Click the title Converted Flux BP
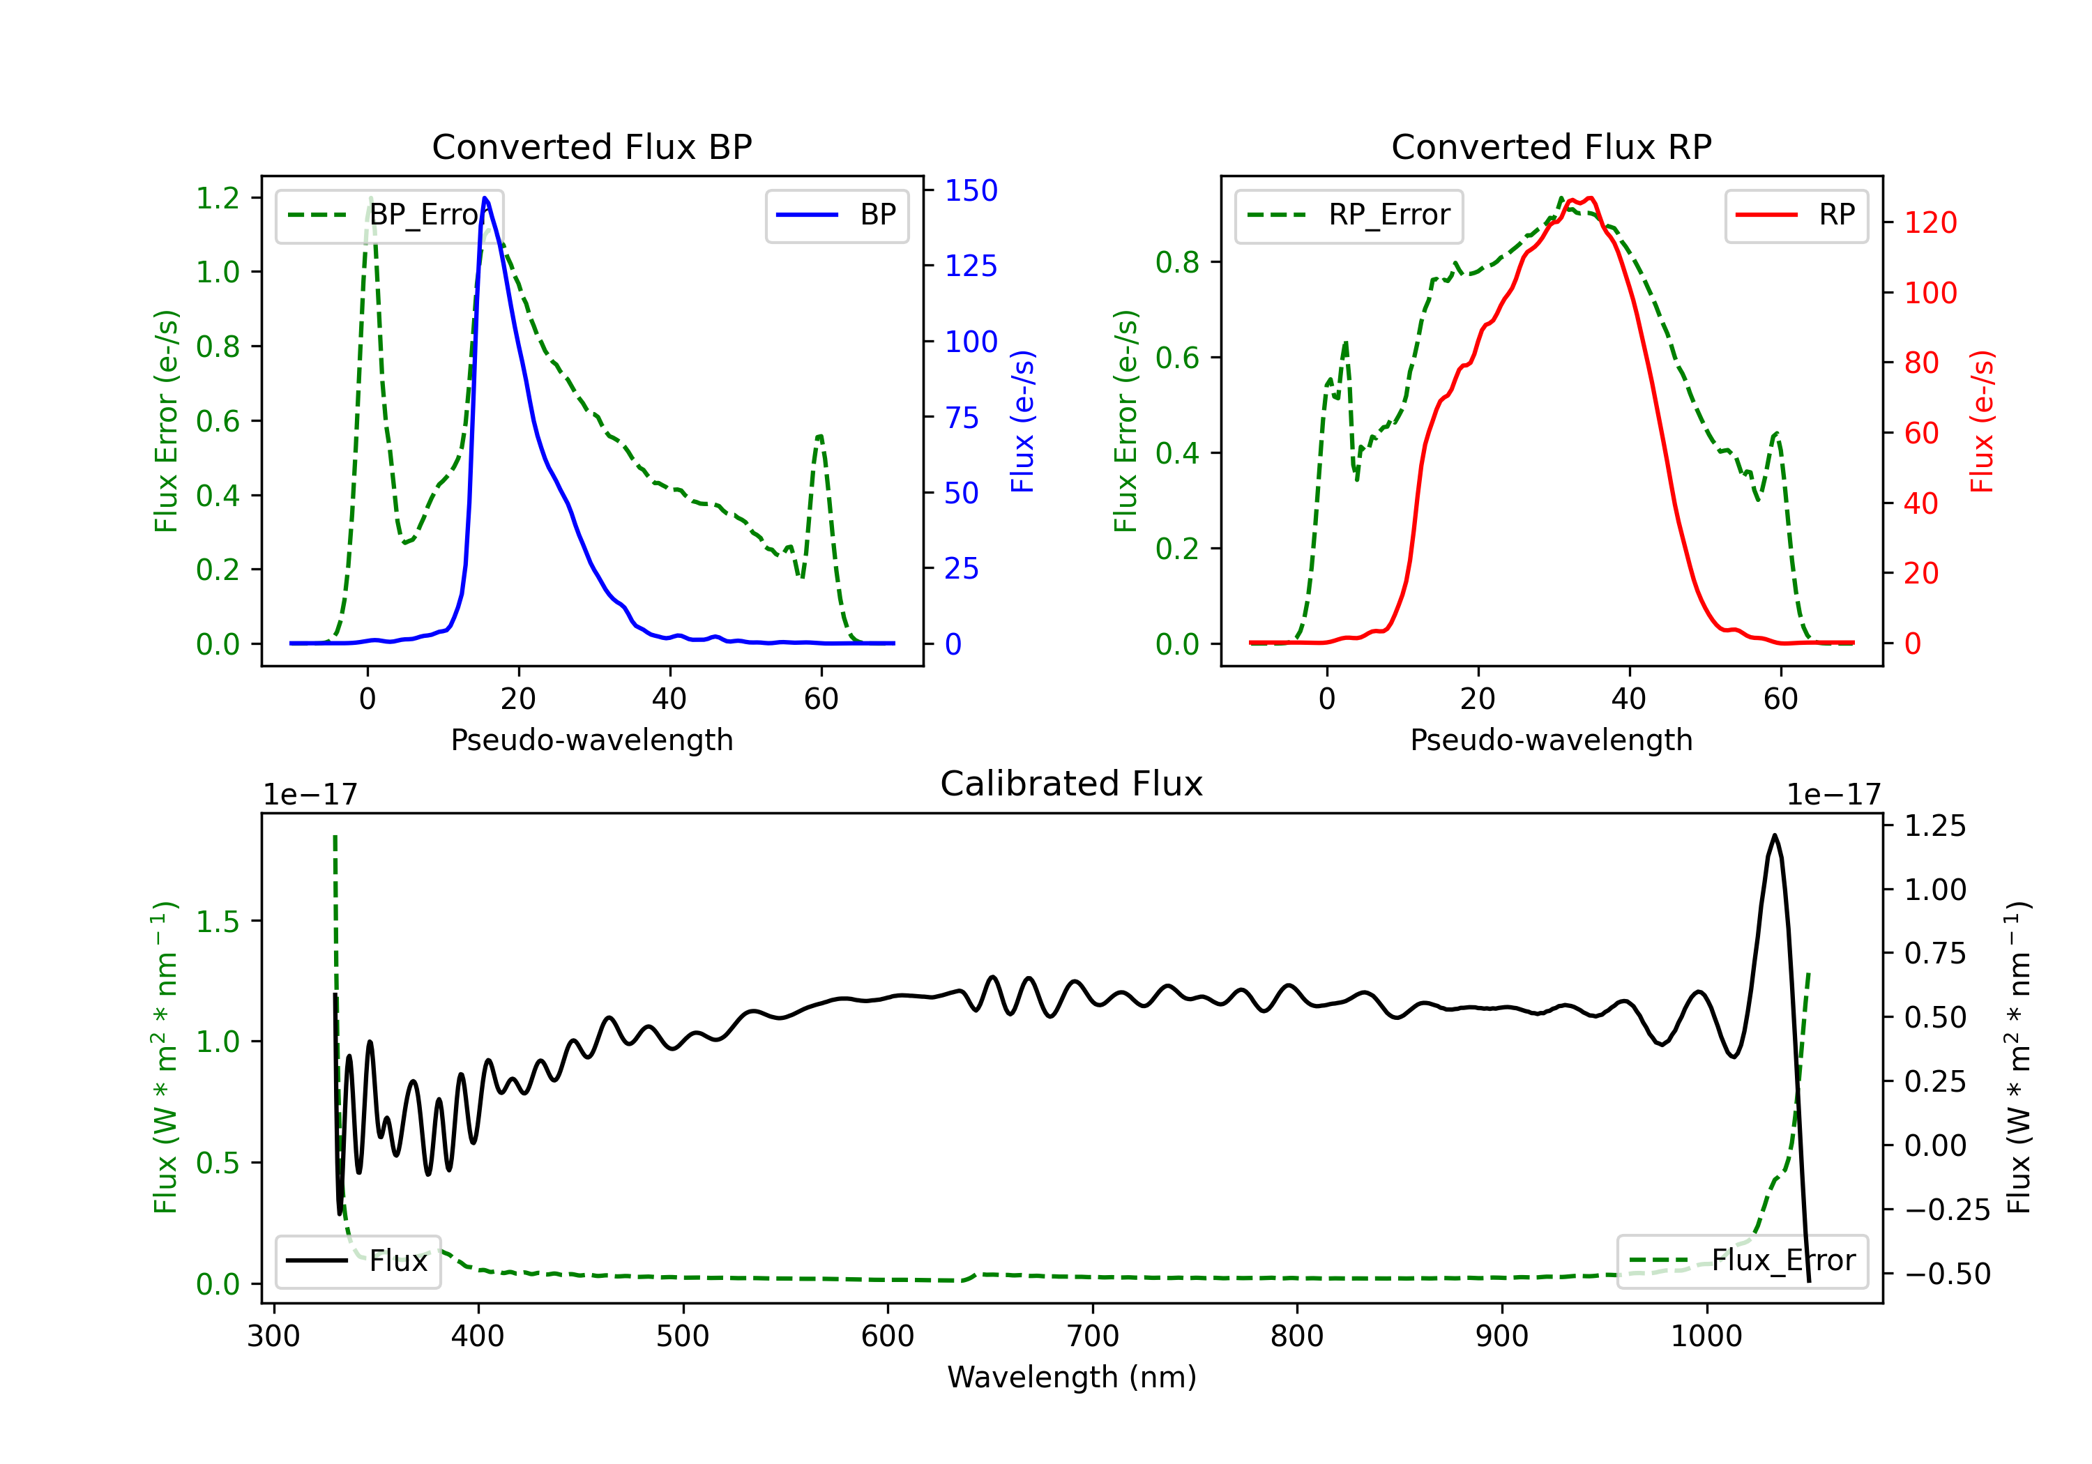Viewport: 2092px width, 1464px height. (x=591, y=146)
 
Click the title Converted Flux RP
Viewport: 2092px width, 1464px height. (x=1551, y=146)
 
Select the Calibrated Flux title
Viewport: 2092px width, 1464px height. (x=1072, y=784)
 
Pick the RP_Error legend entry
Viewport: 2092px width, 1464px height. (x=1349, y=215)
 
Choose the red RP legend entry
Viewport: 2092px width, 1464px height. (x=1796, y=215)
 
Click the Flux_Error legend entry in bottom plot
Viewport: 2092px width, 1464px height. (x=1742, y=1261)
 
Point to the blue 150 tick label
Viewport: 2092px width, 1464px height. (x=971, y=190)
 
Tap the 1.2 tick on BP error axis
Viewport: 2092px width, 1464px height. (x=218, y=198)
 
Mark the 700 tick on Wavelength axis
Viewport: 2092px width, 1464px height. (x=1093, y=1336)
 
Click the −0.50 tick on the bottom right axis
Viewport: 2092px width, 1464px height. (x=1946, y=1274)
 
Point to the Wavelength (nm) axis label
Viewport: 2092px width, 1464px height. (x=1072, y=1378)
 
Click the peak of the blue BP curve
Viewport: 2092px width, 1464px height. (x=485, y=198)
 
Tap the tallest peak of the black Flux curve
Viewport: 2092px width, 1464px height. (x=1774, y=834)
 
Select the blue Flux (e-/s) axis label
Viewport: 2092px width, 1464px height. (x=1023, y=421)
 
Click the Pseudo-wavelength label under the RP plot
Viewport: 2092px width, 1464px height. (x=1551, y=740)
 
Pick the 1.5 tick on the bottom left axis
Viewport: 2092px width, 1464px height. (x=218, y=921)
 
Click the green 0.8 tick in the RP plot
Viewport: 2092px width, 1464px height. (x=1177, y=262)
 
